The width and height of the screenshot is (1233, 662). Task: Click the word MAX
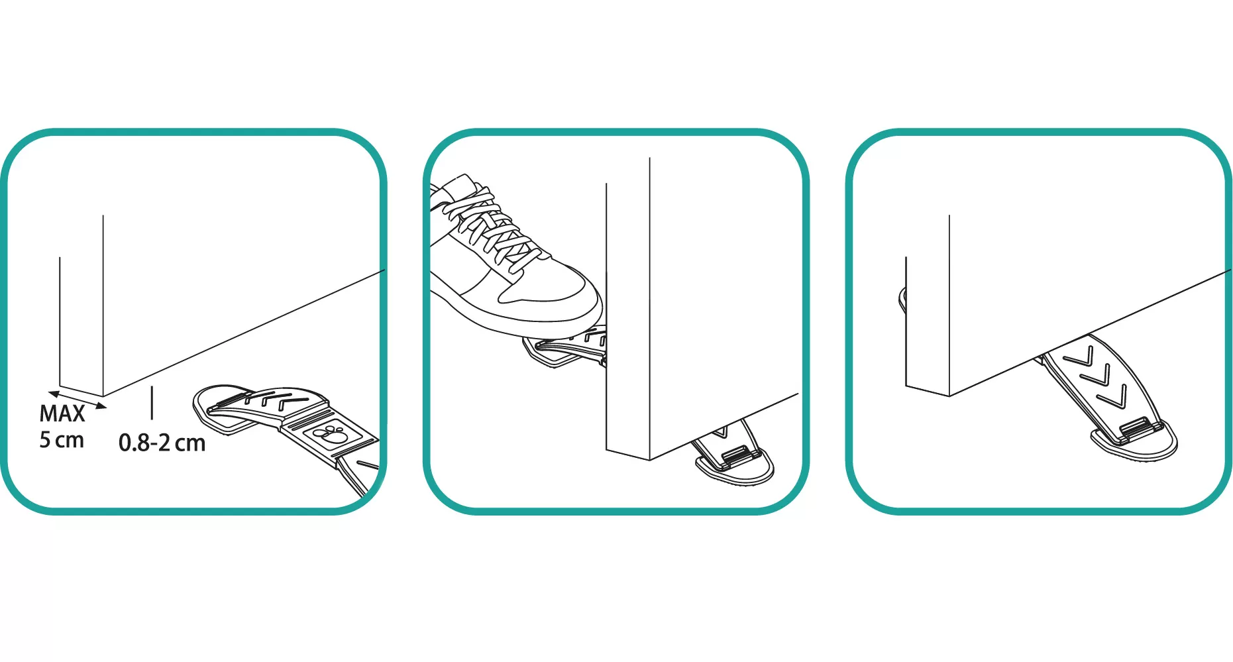(62, 414)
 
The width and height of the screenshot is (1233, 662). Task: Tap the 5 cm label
(62, 440)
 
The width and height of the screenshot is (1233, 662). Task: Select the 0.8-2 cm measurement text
(162, 443)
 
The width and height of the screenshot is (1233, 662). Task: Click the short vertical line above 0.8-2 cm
(152, 403)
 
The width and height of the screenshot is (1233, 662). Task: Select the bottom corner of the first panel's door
(103, 396)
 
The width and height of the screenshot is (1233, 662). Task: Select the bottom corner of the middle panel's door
(650, 459)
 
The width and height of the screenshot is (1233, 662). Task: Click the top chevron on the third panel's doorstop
(1079, 359)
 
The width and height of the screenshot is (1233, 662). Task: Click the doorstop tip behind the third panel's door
(902, 300)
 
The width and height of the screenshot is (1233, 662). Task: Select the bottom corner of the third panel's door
(950, 396)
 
